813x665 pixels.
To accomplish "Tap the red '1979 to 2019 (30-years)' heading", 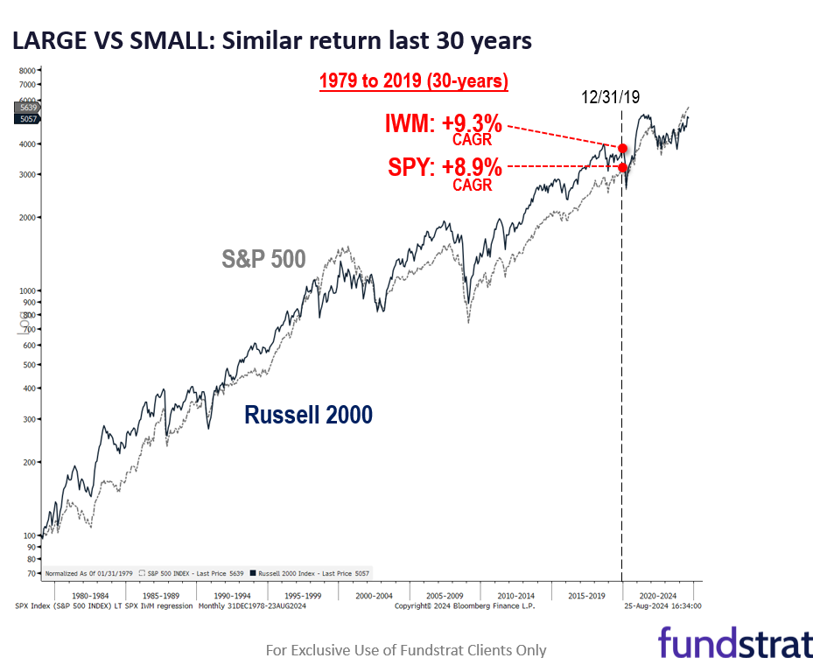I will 413,81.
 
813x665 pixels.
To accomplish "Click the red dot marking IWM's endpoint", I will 622,149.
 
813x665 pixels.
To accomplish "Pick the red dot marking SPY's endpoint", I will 622,167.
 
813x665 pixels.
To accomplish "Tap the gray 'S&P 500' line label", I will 263,259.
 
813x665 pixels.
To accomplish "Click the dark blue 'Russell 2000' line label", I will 308,415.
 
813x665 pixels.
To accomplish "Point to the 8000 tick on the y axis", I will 27,70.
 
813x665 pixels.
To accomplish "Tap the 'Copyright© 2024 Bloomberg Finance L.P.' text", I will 464,605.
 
